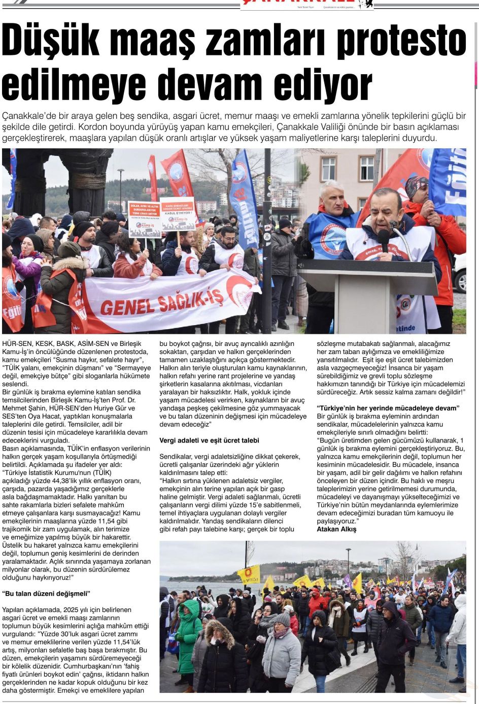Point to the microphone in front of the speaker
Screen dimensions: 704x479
pyautogui.click(x=384, y=239)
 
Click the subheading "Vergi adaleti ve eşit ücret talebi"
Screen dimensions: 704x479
pyautogui.click(x=209, y=440)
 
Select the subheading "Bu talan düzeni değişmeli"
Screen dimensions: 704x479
pyautogui.click(x=46, y=593)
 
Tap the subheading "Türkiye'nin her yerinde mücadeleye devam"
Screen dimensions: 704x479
pyautogui.click(x=388, y=408)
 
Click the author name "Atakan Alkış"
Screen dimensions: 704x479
pyautogui.click(x=336, y=529)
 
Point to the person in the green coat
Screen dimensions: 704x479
pyautogui.click(x=188, y=635)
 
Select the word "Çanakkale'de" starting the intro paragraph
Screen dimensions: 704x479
pyautogui.click(x=28, y=116)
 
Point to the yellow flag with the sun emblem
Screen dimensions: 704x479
pyautogui.click(x=249, y=574)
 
